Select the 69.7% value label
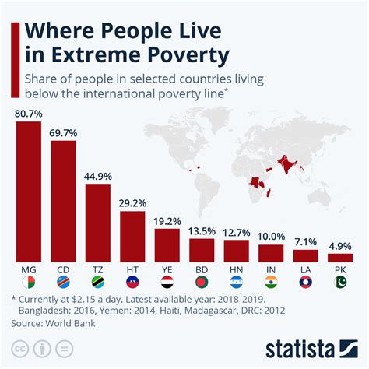pyautogui.click(x=63, y=134)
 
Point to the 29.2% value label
pyautogui.click(x=132, y=204)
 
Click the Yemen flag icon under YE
pyautogui.click(x=167, y=281)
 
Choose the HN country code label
pyautogui.click(x=236, y=269)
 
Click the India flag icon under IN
pyautogui.click(x=271, y=281)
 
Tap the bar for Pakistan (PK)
pyautogui.click(x=340, y=257)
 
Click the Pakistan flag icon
pyautogui.click(x=340, y=281)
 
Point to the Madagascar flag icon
pyautogui.click(x=29, y=281)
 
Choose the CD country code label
pyautogui.click(x=63, y=269)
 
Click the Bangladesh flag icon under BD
pyautogui.click(x=202, y=281)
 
